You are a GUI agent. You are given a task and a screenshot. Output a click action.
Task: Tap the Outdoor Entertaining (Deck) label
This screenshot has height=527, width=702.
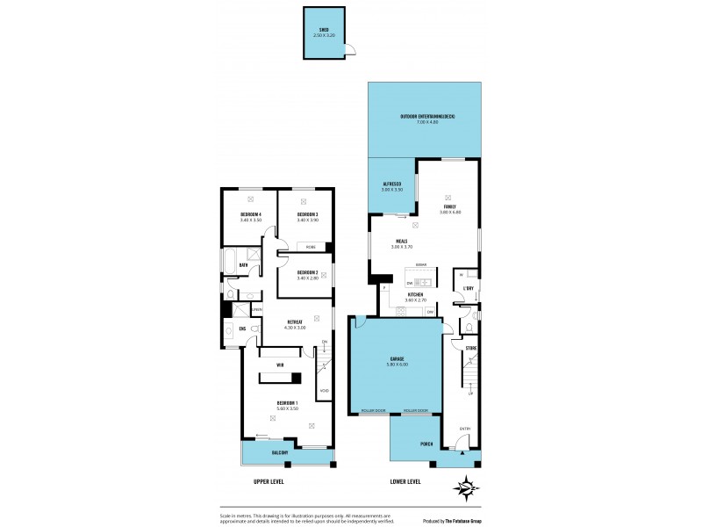click(426, 117)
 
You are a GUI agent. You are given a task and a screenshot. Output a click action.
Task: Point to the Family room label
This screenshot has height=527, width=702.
click(449, 206)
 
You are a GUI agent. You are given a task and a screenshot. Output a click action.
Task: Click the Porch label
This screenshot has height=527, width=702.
click(426, 444)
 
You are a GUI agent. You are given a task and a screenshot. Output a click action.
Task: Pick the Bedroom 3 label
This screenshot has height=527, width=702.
click(307, 214)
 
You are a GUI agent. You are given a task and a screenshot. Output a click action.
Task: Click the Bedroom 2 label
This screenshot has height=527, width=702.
click(306, 272)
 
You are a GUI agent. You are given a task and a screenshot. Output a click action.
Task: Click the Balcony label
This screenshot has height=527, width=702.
click(279, 451)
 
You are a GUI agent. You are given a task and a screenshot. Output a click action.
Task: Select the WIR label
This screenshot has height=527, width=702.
click(280, 365)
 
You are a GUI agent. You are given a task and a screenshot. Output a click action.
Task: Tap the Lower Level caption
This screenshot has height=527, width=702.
click(405, 481)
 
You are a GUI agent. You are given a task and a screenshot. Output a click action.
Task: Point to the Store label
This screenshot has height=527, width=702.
click(470, 349)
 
